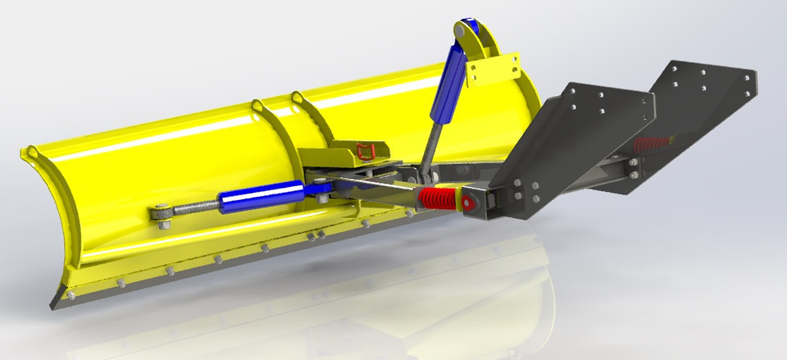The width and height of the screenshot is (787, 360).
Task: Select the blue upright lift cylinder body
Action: tap(452, 82)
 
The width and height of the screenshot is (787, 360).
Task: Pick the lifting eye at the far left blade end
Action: tap(31, 153)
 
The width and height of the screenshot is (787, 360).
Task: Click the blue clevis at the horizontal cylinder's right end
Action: tap(320, 191)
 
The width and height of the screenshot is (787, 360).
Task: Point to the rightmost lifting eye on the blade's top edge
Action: tap(297, 100)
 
